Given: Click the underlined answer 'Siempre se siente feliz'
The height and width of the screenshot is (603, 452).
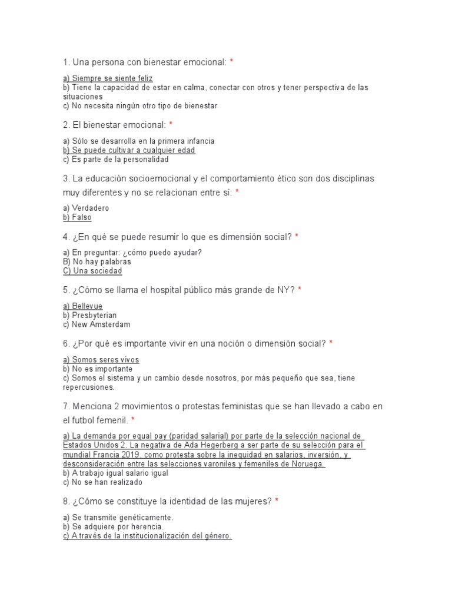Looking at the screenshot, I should pyautogui.click(x=108, y=78).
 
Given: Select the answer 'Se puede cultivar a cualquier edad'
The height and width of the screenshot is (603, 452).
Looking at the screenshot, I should pyautogui.click(x=129, y=150).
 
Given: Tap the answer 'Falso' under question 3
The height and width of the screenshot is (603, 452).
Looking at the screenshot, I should pyautogui.click(x=77, y=217).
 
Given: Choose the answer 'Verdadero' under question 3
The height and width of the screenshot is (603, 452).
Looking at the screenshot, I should pyautogui.click(x=86, y=208).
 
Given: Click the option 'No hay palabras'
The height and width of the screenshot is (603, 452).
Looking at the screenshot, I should pyautogui.click(x=97, y=261).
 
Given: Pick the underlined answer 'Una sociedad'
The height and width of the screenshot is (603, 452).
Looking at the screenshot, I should pyautogui.click(x=92, y=271).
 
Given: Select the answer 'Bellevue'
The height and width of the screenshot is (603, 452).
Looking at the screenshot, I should pyautogui.click(x=82, y=306).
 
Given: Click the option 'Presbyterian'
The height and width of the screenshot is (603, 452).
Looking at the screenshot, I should pyautogui.click(x=89, y=315).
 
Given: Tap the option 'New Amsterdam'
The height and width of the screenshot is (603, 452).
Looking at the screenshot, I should pyautogui.click(x=97, y=324).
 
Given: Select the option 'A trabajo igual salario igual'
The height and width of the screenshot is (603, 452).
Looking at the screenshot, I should pyautogui.click(x=115, y=473).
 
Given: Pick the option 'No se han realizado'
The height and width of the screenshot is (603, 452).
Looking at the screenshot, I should pyautogui.click(x=102, y=482).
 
